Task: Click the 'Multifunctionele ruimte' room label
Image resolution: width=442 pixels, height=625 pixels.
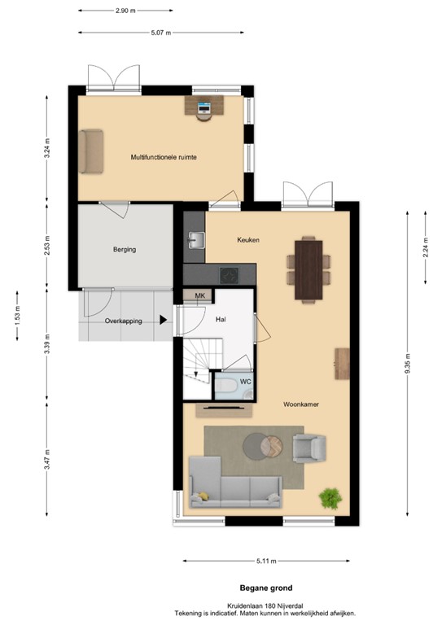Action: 164,156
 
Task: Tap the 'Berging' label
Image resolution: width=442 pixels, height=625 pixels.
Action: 125,250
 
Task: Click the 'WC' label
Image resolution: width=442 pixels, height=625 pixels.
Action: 244,381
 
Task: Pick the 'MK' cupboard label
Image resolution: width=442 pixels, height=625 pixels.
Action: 199,296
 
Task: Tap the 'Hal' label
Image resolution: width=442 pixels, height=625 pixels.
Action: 220,320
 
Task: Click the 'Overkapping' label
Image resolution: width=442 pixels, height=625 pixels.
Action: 124,321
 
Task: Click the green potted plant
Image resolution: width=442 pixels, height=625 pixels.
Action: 330,496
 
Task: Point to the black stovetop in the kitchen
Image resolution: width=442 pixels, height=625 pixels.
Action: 227,274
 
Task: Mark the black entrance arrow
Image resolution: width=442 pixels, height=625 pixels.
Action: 164,320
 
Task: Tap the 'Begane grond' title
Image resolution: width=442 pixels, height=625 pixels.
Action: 265,588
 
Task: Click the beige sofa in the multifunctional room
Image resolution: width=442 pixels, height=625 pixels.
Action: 91,151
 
